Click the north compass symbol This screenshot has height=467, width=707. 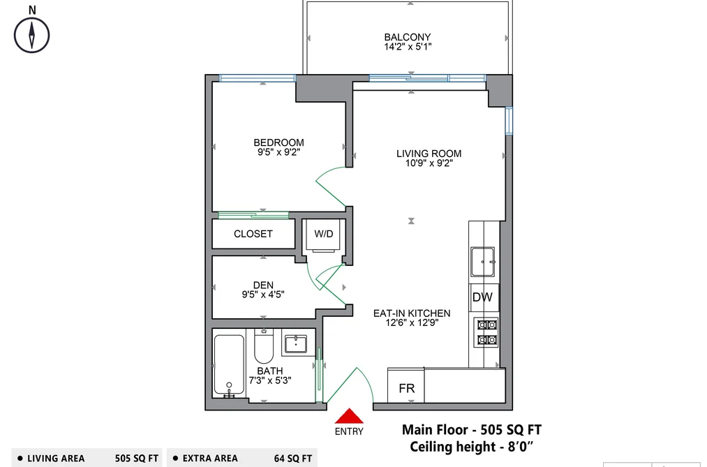click(31, 35)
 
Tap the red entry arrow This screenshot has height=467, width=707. click(348, 416)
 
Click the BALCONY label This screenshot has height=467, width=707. click(408, 37)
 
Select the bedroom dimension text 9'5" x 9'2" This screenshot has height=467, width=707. click(278, 152)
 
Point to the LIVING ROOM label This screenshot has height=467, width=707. click(429, 154)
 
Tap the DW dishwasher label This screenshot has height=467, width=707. click(482, 297)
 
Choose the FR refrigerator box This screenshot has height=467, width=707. click(405, 385)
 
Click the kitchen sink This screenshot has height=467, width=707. click(483, 262)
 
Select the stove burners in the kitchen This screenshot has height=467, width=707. click(486, 332)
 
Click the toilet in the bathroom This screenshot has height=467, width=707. click(263, 346)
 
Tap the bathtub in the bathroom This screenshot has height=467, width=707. click(229, 365)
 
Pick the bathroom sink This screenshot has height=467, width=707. click(295, 345)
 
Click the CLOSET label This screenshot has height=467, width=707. click(253, 234)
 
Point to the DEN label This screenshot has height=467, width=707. click(263, 285)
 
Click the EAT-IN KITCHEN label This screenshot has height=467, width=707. click(412, 313)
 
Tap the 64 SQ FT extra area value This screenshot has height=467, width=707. click(293, 459)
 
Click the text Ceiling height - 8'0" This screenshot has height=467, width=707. click(471, 447)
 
